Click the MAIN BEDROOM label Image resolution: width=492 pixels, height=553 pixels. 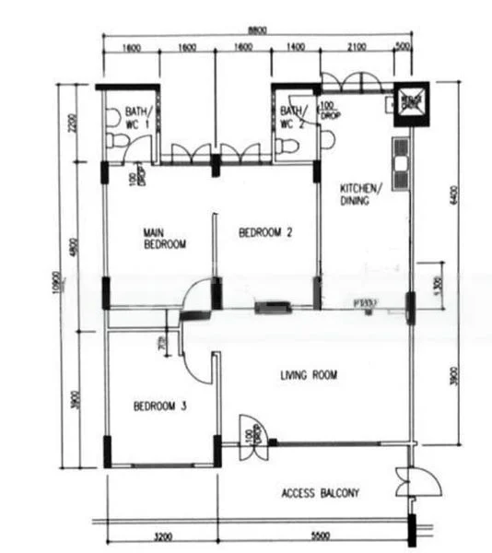pyautogui.click(x=165, y=239)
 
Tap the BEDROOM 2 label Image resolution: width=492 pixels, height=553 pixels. pyautogui.click(x=265, y=233)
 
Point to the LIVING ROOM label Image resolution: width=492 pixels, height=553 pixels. pyautogui.click(x=309, y=375)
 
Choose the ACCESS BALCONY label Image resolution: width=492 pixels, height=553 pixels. pyautogui.click(x=320, y=494)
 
